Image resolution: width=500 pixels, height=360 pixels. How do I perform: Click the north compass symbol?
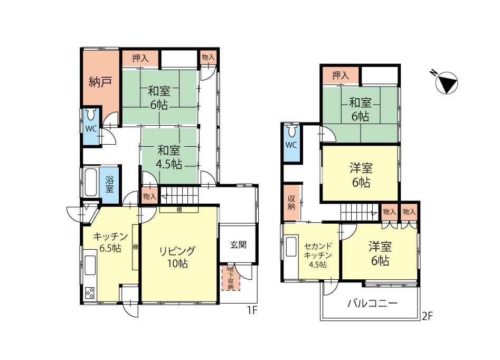pos(447,83)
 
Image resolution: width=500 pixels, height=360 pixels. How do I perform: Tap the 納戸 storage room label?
pos(100,82)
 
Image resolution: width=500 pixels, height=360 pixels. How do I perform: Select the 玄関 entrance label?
pos(238,244)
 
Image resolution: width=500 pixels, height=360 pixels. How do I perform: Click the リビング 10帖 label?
pos(177,257)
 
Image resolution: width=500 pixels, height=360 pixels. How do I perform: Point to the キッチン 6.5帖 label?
pos(110,242)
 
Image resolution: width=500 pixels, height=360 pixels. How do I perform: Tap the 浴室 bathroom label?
pos(109,184)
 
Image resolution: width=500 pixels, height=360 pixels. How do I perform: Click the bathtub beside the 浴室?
pos(91,183)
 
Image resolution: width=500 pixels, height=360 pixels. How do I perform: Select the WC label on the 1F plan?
pos(91,129)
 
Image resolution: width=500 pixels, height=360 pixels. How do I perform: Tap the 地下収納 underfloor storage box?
pos(231,278)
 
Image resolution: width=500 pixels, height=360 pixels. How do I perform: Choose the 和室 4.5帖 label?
pos(169,157)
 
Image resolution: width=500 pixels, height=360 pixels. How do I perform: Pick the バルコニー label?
pos(372,303)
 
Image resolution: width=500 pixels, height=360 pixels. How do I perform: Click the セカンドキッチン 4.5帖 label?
pos(318,255)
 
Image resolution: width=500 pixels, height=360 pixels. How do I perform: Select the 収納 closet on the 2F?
pos(292,203)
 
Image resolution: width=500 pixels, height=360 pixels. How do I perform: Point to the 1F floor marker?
pos(252,310)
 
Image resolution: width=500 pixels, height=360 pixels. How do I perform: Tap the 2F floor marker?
pos(427,316)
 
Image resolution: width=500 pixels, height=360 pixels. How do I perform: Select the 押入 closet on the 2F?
pos(341,75)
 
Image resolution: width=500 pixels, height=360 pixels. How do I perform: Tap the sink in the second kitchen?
pos(291,246)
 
